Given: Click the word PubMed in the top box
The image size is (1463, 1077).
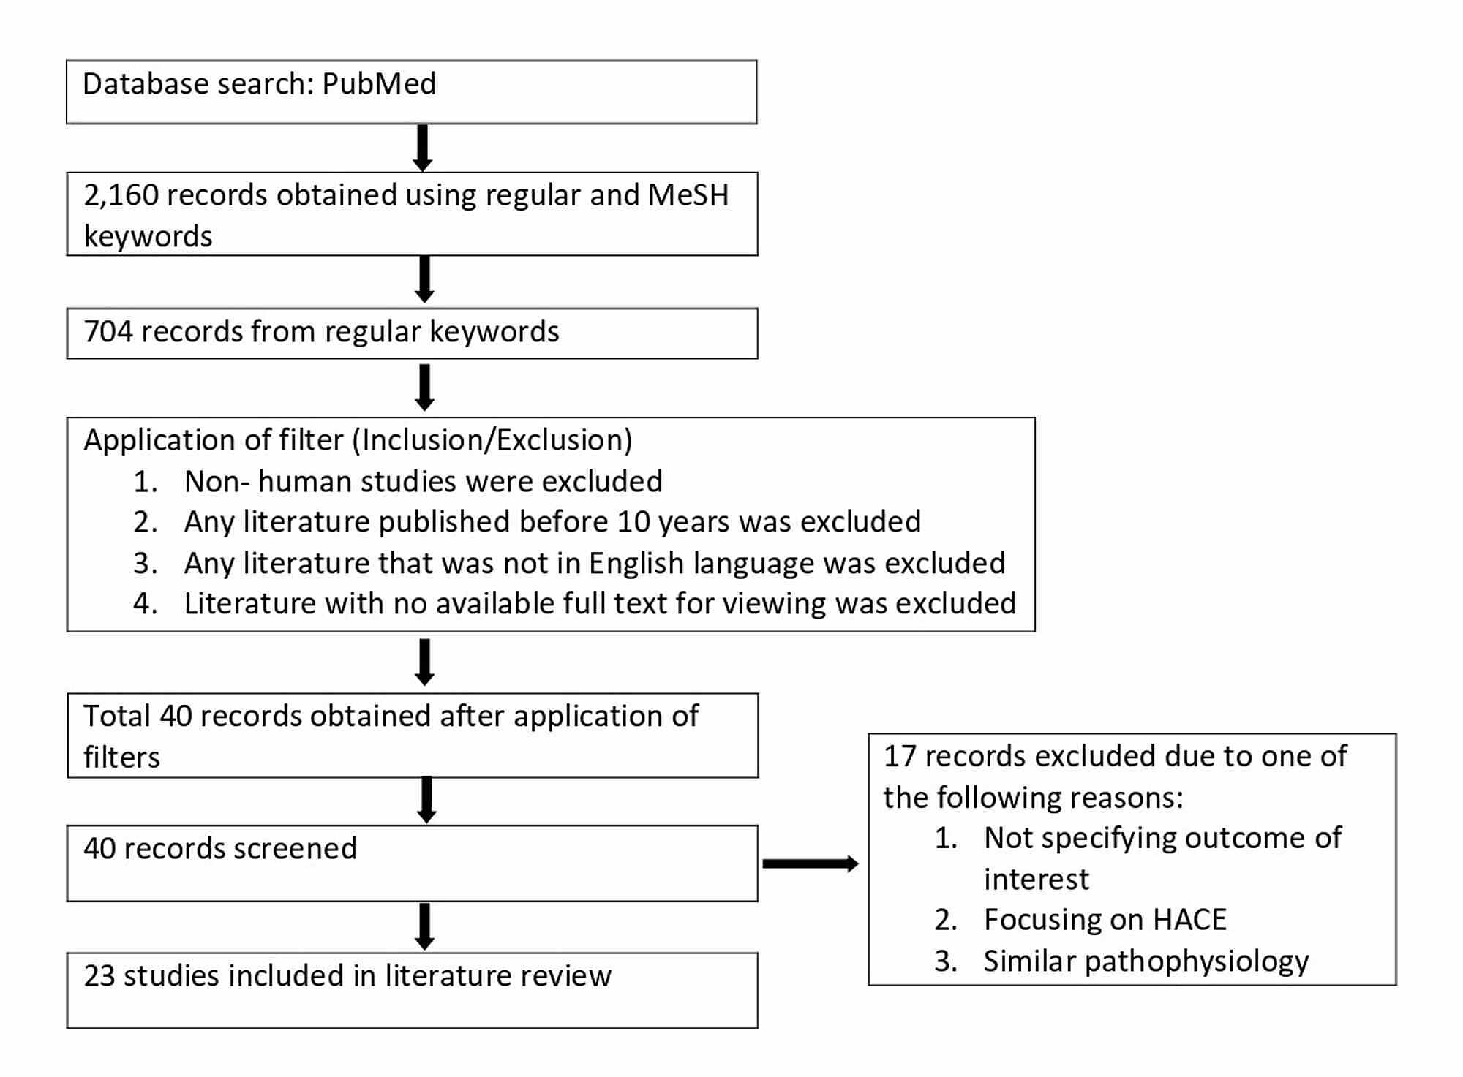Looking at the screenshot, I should coord(379,84).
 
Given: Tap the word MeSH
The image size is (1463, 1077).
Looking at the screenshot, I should coord(688,195).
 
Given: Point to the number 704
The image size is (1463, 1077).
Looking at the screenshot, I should coord(107,332).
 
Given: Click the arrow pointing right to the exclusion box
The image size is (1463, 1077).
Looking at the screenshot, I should coord(810,864).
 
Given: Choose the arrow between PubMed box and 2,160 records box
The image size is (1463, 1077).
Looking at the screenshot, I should coord(422,148).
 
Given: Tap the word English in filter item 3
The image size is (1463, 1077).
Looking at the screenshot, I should coord(636,564).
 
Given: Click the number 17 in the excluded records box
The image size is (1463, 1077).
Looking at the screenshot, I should coord(900,757).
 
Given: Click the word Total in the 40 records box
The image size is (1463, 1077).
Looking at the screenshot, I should coord(117,716).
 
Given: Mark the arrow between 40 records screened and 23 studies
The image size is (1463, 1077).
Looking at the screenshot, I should coord(424,926).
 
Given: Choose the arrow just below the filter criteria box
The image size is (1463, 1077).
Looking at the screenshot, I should coord(424,662).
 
